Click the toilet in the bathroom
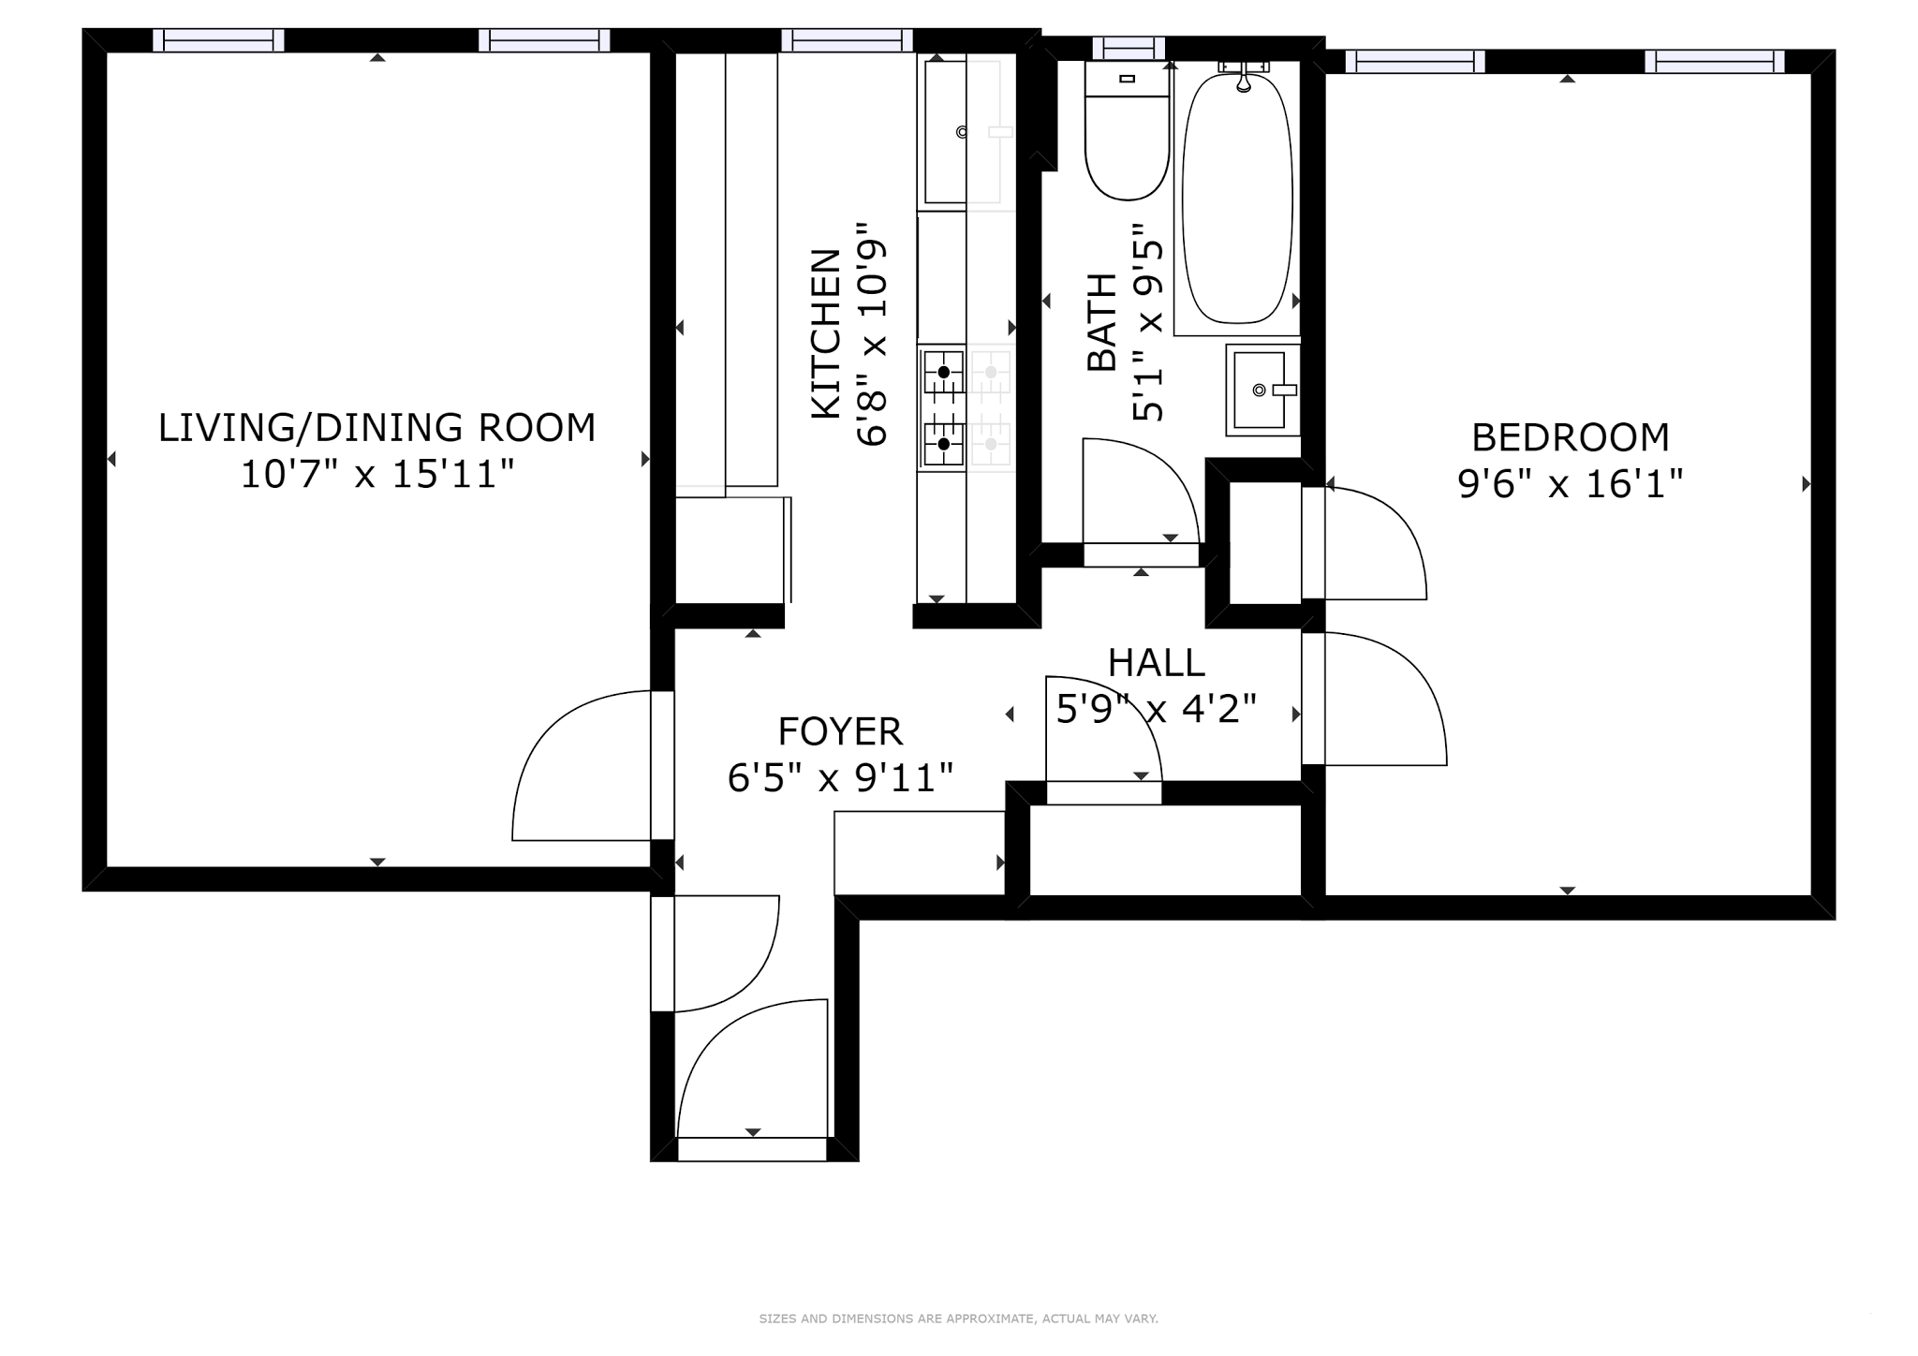tap(1128, 131)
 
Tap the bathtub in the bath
tap(1238, 198)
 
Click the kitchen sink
tap(945, 132)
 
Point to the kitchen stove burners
tap(944, 407)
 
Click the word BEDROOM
tap(1571, 437)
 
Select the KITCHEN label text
tap(826, 333)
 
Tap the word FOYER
tap(840, 731)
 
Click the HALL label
tap(1156, 663)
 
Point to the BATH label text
tap(1102, 322)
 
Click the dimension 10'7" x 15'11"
tap(377, 475)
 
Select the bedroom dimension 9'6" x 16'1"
tap(1571, 484)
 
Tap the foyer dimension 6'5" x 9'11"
tap(840, 778)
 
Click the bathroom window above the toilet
tap(1129, 48)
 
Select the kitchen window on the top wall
tap(847, 40)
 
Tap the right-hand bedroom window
tap(1714, 62)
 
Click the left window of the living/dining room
tap(218, 40)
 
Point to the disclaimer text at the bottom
tap(958, 1319)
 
